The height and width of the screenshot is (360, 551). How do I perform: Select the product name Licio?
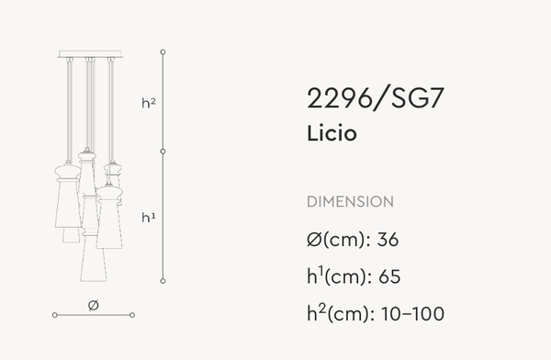pos(332,133)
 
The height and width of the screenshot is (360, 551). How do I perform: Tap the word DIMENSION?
pos(350,201)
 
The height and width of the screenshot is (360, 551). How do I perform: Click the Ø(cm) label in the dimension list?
pos(334,241)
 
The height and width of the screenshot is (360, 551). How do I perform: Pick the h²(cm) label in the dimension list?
pos(335,314)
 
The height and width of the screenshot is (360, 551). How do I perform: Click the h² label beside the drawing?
pos(149,104)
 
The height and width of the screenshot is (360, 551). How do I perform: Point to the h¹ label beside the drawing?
pos(148,218)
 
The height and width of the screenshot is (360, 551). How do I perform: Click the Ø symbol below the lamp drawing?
pos(93,304)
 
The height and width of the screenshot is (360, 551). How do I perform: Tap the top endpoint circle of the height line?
pos(163,51)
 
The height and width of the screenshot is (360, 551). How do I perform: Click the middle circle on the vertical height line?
pos(163,150)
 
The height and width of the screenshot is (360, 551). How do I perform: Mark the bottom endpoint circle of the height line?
pos(163,280)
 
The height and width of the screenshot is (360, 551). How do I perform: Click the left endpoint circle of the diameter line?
pos(55,315)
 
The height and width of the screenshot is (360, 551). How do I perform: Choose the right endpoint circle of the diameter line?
pos(132,315)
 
